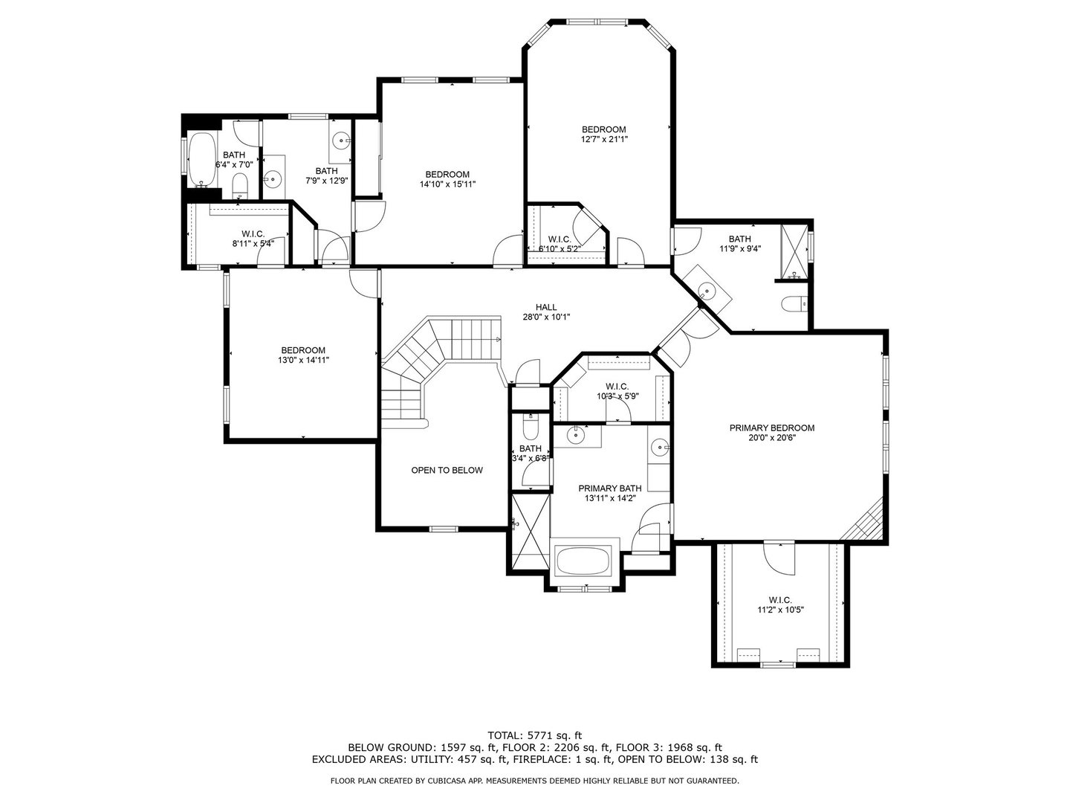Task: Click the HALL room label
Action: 546,307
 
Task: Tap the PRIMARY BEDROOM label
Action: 772,428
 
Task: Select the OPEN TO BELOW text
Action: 447,471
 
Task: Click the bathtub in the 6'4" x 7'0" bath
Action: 201,159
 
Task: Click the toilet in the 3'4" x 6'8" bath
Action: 529,427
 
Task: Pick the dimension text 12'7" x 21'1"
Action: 604,140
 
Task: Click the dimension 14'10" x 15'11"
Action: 447,184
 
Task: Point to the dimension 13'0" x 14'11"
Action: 303,361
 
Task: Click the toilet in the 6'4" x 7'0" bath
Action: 239,186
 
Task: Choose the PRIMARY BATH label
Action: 610,488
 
